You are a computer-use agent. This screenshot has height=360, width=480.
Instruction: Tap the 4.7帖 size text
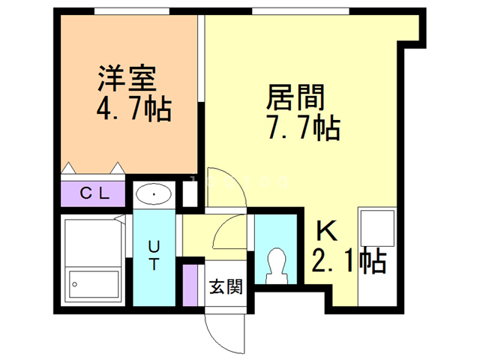(x=133, y=109)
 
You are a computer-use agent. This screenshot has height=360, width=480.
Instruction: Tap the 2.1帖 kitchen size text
(x=348, y=261)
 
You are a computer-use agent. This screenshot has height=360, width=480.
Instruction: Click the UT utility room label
(x=153, y=254)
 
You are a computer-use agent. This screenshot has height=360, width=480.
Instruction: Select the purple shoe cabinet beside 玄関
(x=190, y=282)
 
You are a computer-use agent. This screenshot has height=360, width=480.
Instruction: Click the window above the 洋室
(x=130, y=12)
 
